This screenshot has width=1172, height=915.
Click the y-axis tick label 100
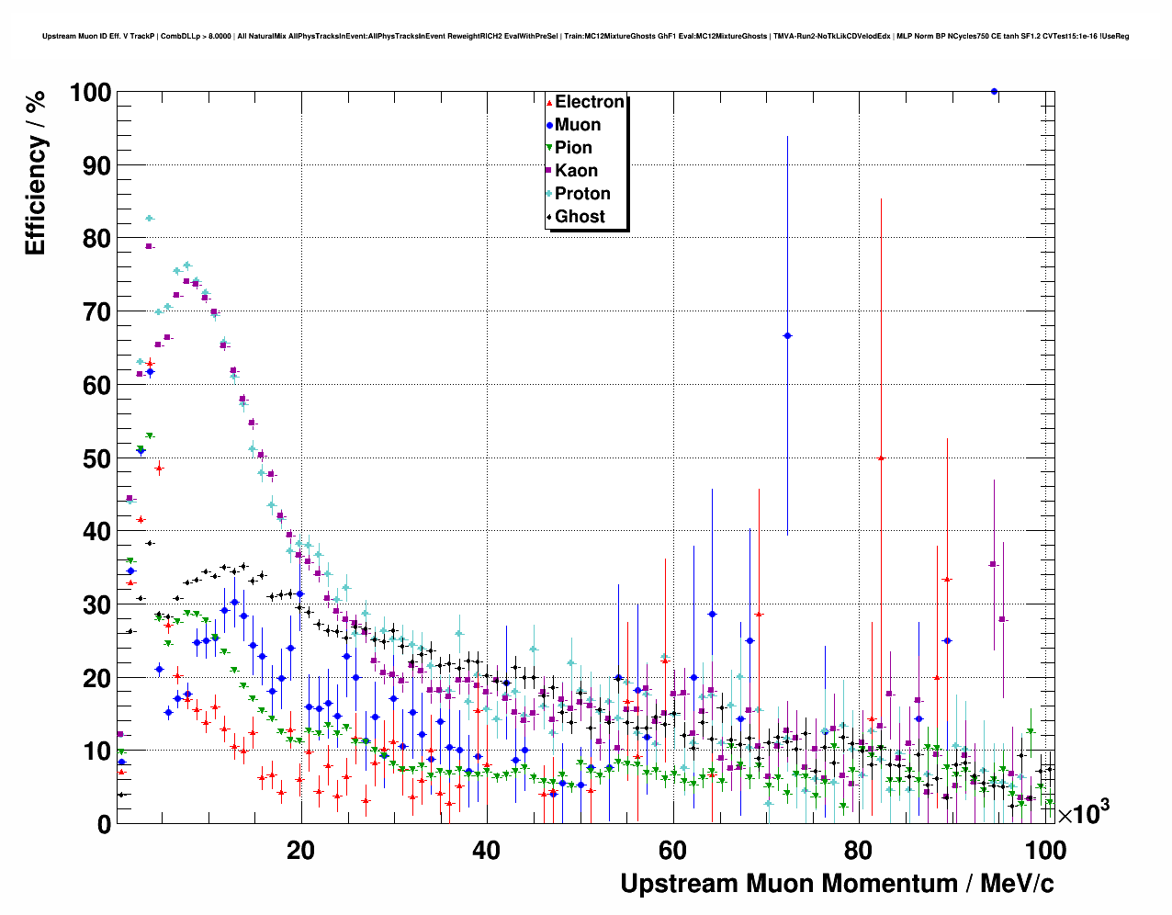coord(90,93)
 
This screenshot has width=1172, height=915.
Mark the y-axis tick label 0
coord(104,825)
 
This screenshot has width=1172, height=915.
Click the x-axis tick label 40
coord(486,851)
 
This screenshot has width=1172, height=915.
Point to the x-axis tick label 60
coord(672,851)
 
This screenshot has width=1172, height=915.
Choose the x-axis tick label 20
coord(300,851)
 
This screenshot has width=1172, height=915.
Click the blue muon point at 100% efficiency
coord(994,92)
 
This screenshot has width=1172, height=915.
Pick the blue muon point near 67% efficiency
coord(787,336)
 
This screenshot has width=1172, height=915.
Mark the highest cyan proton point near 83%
coord(149,219)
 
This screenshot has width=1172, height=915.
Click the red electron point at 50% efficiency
coord(881,457)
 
